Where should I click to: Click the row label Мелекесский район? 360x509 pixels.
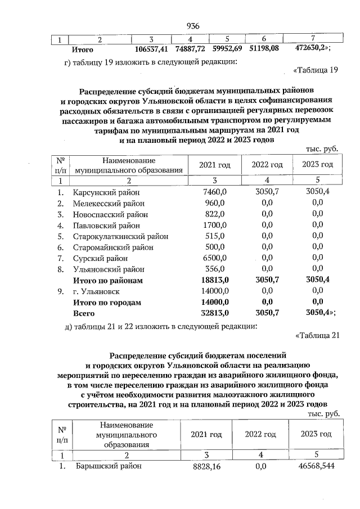(x=109, y=203)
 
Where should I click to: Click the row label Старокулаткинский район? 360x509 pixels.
(x=120, y=236)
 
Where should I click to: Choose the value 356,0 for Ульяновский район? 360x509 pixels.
(x=215, y=269)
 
